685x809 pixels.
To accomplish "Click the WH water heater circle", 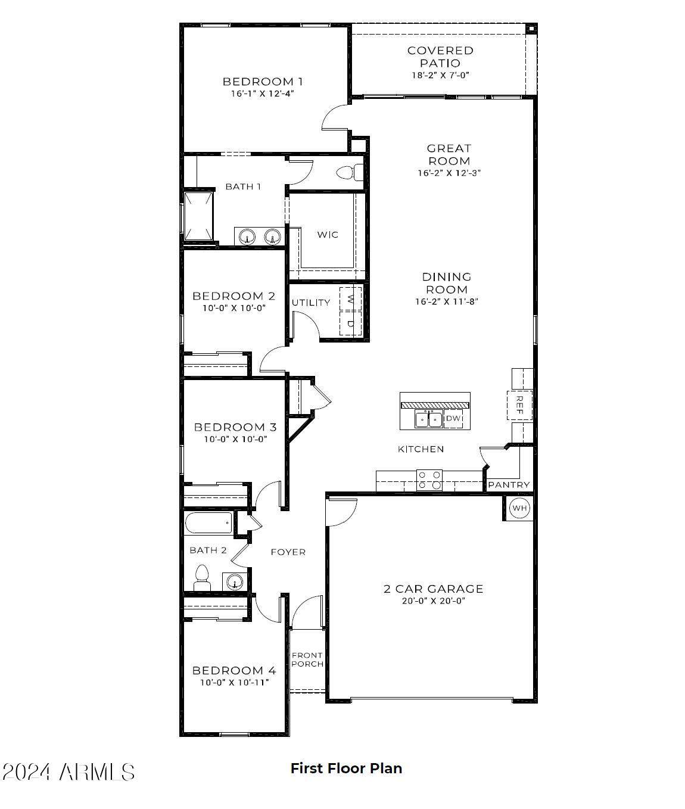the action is (x=519, y=508).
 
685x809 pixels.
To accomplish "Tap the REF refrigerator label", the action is (x=520, y=405).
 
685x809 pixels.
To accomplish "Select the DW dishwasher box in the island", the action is (x=453, y=418).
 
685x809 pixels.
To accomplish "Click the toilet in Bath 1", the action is (x=350, y=173).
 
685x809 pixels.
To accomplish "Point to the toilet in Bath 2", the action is (x=202, y=578).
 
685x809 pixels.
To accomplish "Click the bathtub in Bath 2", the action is (x=208, y=522).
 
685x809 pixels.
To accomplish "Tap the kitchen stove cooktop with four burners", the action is (x=429, y=480).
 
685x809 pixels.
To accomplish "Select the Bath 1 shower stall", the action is (x=199, y=216).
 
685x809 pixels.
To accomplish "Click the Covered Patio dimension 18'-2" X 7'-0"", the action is (x=440, y=75).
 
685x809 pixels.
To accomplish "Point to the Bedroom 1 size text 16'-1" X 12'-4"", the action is (x=262, y=94).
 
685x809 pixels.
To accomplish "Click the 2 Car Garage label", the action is (x=433, y=589).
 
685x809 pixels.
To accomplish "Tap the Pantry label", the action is (x=509, y=484).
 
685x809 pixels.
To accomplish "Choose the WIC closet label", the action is (x=328, y=235).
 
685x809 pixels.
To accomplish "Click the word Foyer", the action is (x=288, y=552).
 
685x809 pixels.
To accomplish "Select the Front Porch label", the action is (x=307, y=659).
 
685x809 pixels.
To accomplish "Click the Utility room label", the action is (x=311, y=303).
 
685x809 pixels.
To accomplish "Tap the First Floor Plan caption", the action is (x=347, y=768).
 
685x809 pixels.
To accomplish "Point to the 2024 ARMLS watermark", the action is (x=68, y=772).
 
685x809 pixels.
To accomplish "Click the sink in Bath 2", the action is (x=235, y=581).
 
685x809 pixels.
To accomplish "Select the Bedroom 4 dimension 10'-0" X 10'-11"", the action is (x=235, y=683).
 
